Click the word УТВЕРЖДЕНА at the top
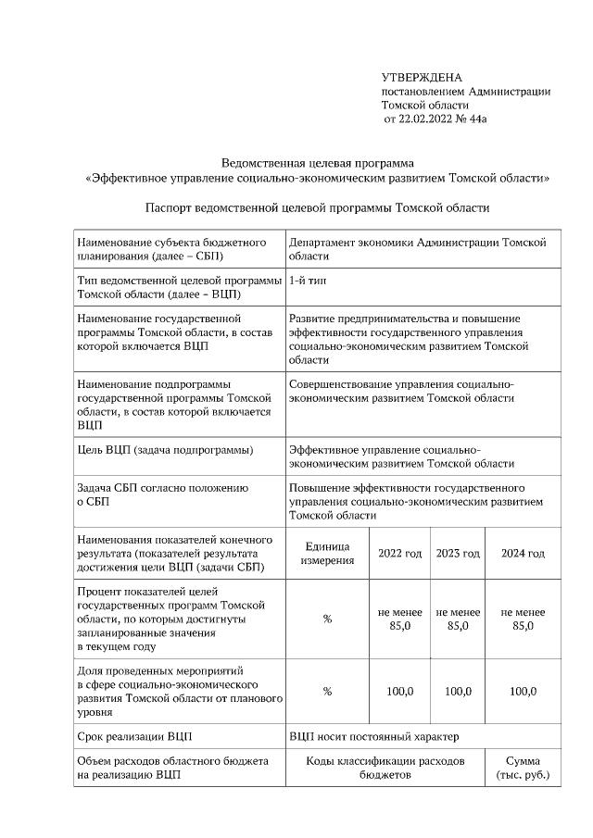point(422,77)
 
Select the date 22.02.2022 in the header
point(437,119)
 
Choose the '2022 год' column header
point(399,554)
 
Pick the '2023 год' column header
point(458,554)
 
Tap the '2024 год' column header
point(523,554)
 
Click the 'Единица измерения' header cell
point(327,554)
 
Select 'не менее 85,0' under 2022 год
point(399,619)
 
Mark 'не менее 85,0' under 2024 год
point(523,619)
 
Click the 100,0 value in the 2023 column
point(458,691)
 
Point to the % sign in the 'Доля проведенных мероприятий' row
point(327,691)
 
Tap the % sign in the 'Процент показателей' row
point(327,619)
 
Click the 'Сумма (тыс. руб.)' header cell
point(523,768)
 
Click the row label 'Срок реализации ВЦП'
point(133,736)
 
